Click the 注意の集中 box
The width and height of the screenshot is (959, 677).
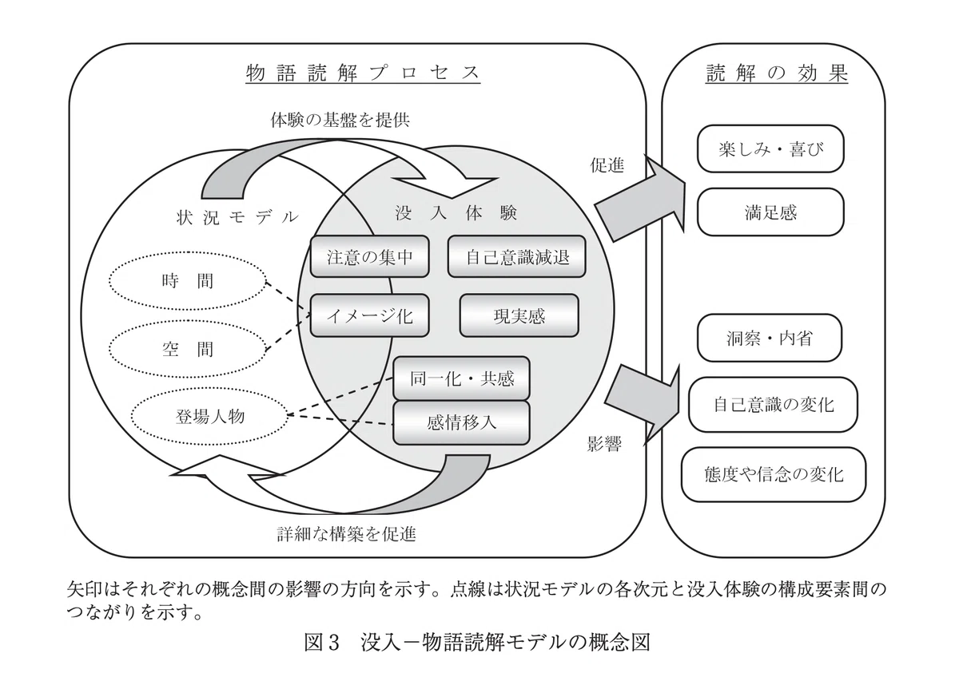369,256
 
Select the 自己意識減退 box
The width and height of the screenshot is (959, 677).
517,256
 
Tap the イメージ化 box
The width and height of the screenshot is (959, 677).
369,315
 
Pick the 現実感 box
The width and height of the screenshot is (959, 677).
519,315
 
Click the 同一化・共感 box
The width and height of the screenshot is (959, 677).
462,378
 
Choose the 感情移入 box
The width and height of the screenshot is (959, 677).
462,422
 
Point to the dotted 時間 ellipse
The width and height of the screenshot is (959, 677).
188,281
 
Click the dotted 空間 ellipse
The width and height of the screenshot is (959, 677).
188,349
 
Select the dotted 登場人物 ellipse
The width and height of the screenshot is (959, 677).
209,416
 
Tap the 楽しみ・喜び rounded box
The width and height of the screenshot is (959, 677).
770,148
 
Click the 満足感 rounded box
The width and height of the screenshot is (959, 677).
770,212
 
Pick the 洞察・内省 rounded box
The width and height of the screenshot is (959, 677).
770,338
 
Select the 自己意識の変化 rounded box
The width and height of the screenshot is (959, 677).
773,404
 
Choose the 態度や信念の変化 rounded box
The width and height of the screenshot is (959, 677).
774,474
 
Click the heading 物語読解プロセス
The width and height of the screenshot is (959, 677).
363,73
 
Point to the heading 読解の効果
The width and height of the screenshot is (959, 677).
777,73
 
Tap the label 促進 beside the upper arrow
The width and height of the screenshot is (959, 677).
607,164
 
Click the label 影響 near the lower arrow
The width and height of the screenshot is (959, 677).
604,445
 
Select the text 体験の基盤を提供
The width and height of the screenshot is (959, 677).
340,120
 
